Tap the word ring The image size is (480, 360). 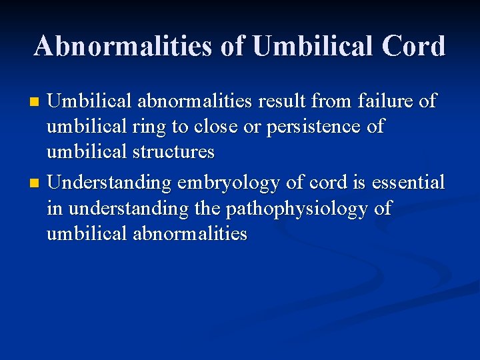147,127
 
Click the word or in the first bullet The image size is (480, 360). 253,127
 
